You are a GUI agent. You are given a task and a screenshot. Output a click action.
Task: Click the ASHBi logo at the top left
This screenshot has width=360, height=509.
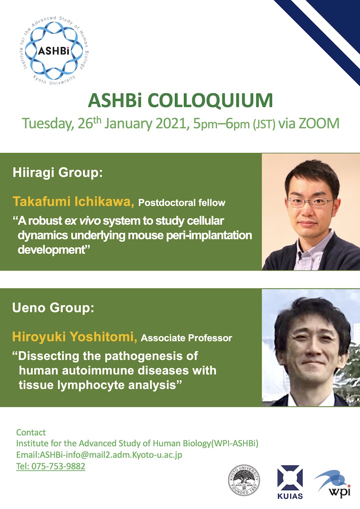pyautogui.click(x=54, y=50)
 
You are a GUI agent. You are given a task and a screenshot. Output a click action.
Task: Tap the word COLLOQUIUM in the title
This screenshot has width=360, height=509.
pyautogui.click(x=210, y=100)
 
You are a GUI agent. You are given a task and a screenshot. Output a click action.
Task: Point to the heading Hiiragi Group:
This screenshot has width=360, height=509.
pyautogui.click(x=57, y=172)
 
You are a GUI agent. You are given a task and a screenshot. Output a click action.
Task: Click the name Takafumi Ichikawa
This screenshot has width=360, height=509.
pyautogui.click(x=73, y=201)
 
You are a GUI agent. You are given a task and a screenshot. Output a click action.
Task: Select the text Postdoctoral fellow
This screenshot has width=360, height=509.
pyautogui.click(x=182, y=203)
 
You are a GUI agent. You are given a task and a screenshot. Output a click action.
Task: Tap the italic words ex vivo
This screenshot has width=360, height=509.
pyautogui.click(x=82, y=220)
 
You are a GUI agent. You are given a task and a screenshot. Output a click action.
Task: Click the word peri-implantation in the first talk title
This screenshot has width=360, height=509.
pyautogui.click(x=209, y=235)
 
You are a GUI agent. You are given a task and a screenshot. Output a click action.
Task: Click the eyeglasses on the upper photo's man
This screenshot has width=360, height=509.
pyautogui.click(x=310, y=202)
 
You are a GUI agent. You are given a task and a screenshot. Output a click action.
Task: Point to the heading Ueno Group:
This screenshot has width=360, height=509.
pyautogui.click(x=53, y=307)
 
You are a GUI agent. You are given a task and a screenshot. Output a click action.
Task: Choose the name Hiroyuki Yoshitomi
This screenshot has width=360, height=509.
pyautogui.click(x=74, y=337)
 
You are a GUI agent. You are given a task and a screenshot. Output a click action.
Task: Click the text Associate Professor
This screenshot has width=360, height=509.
pyautogui.click(x=186, y=338)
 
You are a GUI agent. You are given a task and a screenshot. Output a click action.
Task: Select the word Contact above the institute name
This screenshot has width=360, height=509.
pyautogui.click(x=31, y=432)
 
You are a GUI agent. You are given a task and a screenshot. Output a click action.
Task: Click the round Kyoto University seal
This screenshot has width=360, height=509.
pyautogui.click(x=244, y=480)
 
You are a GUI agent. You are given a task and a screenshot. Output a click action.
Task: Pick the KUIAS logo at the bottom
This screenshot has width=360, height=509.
pyautogui.click(x=290, y=482)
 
